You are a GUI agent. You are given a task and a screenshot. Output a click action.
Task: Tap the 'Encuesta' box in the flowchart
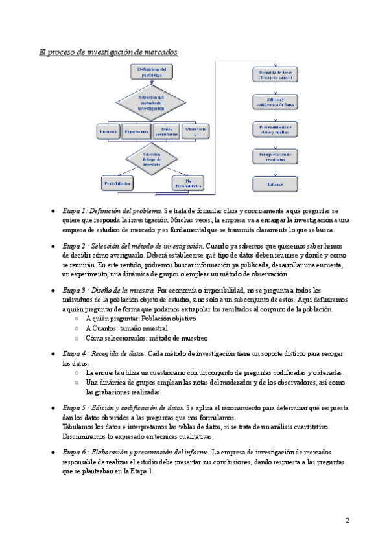click(108, 131)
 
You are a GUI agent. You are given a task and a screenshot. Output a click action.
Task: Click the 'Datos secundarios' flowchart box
click(167, 131)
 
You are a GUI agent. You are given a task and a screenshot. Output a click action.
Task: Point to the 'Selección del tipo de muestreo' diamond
click(152, 160)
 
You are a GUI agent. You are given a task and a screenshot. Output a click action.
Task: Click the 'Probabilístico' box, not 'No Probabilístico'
click(117, 184)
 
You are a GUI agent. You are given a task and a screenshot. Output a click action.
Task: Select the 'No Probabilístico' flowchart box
click(187, 184)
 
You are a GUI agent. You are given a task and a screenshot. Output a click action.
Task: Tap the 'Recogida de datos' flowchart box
click(276, 74)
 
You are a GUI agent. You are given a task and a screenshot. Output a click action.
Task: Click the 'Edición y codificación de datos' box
click(276, 102)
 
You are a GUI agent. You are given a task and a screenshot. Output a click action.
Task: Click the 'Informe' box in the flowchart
click(276, 183)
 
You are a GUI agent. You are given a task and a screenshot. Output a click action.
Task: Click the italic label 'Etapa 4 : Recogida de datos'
click(104, 354)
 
